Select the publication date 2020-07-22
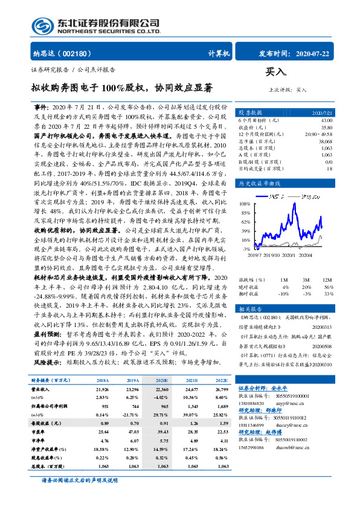tap(314, 54)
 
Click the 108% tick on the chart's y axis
tap(245, 203)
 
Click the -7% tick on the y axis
tap(246, 248)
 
